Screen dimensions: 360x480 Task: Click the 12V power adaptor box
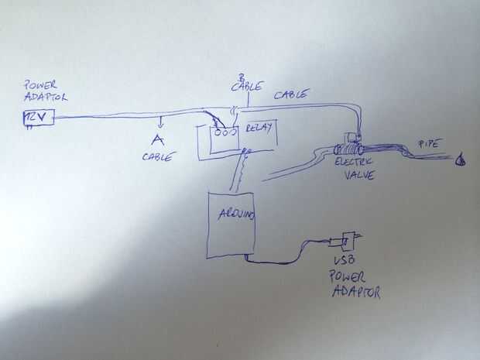click(x=38, y=117)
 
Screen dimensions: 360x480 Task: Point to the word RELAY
click(x=259, y=129)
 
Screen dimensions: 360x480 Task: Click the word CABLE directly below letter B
click(x=246, y=88)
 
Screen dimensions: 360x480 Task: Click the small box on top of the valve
click(x=354, y=138)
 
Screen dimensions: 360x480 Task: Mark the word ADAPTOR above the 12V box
click(x=45, y=97)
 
